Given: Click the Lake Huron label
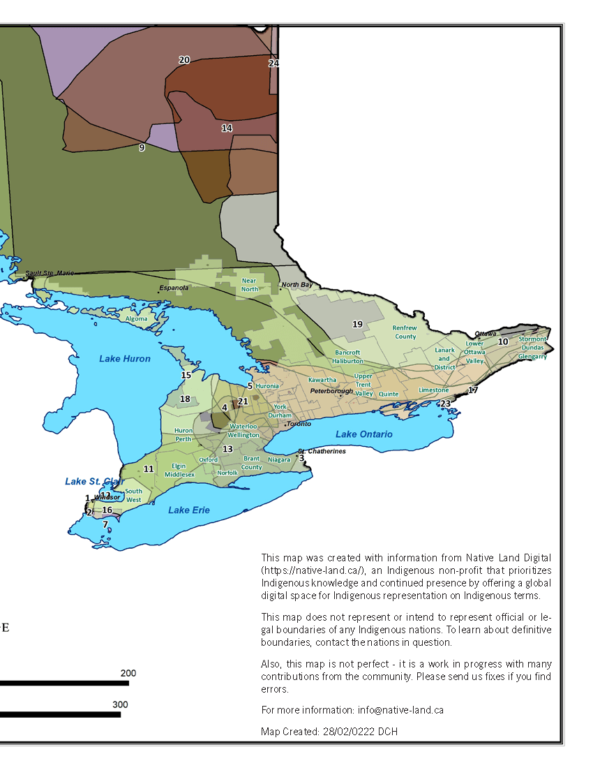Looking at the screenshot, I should click(125, 359).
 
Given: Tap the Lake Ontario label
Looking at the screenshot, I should click(363, 434).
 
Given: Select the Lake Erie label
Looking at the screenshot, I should click(188, 510).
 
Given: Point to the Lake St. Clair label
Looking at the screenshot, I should click(94, 482).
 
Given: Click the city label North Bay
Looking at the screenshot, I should click(296, 285).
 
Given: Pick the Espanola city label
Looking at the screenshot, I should click(174, 288).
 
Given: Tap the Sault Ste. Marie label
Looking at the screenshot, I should click(49, 274).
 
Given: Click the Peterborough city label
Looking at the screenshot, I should click(331, 391).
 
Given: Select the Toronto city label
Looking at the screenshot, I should click(299, 424).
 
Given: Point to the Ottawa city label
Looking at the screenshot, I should click(486, 334).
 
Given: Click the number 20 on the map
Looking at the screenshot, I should click(184, 60).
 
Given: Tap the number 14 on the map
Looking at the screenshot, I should click(227, 128).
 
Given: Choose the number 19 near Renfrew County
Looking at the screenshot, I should click(357, 324).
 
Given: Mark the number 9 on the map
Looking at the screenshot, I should click(142, 147).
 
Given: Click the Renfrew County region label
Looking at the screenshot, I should click(404, 332).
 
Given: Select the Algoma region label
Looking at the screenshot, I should click(136, 319).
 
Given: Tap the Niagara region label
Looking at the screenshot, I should click(278, 459).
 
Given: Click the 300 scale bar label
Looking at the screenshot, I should click(120, 704).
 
